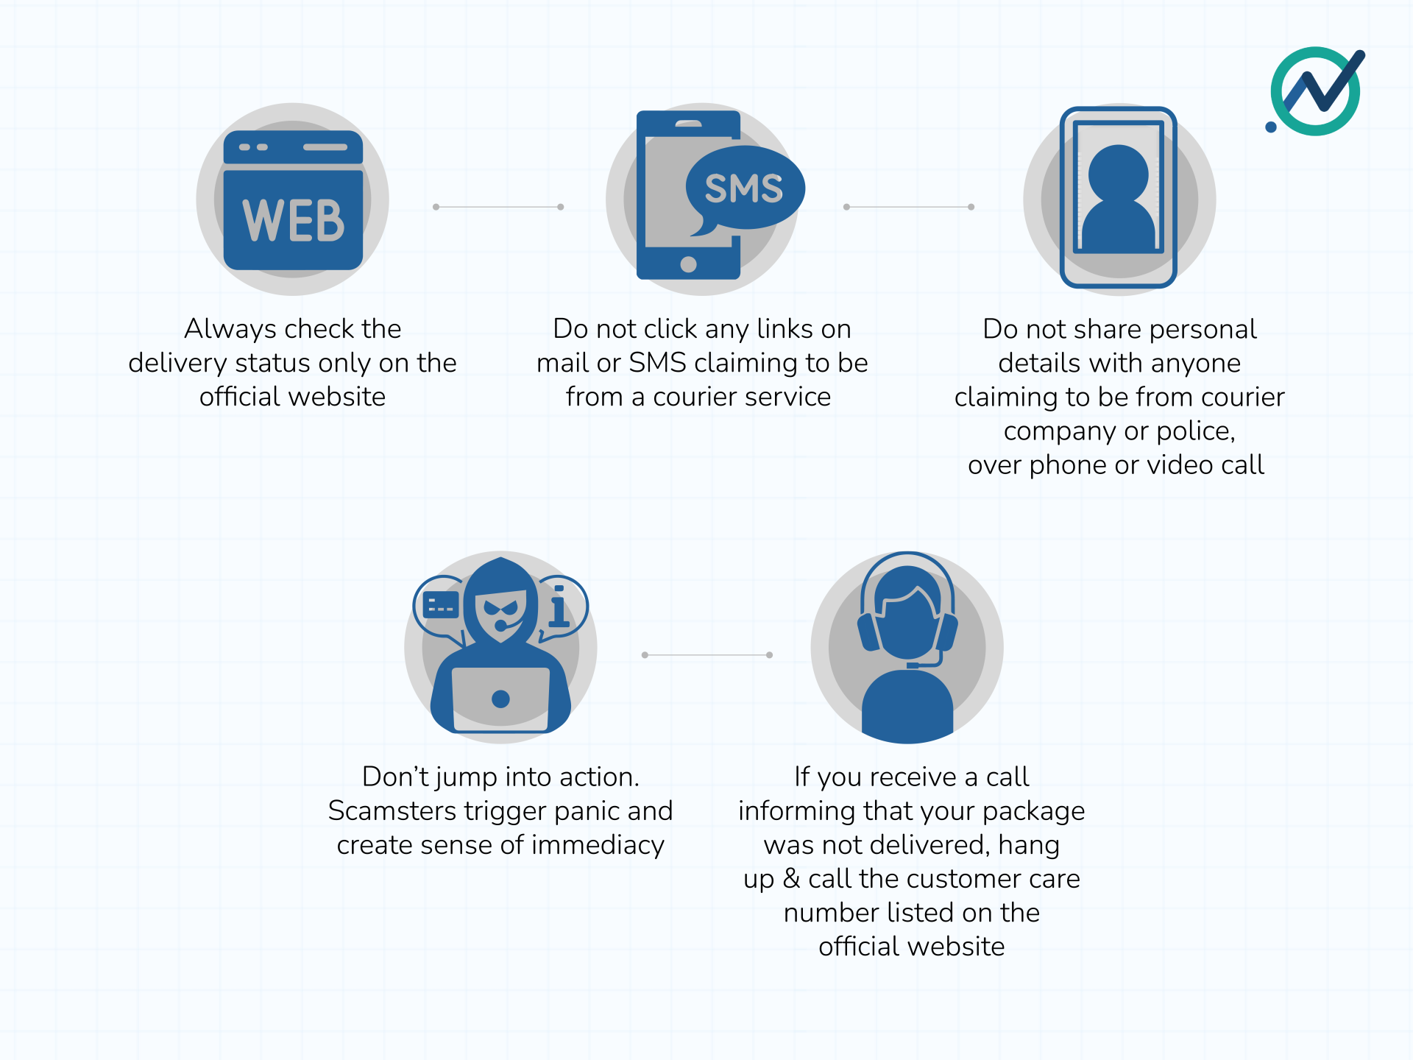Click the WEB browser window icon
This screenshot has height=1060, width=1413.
293,200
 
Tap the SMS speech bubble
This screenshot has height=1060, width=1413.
744,188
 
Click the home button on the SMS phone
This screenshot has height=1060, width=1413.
688,264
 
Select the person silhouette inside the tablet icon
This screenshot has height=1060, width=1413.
1118,199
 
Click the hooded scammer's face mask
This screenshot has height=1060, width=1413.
501,612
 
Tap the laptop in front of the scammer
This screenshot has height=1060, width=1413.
500,699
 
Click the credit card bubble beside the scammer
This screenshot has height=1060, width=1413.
441,606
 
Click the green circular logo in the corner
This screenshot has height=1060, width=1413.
1317,91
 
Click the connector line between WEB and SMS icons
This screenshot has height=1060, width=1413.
498,207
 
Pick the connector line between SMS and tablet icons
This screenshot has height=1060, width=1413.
909,207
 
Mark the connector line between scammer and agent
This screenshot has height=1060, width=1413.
706,654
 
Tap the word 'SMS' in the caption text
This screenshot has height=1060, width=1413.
657,363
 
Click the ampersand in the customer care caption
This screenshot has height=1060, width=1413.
791,879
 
